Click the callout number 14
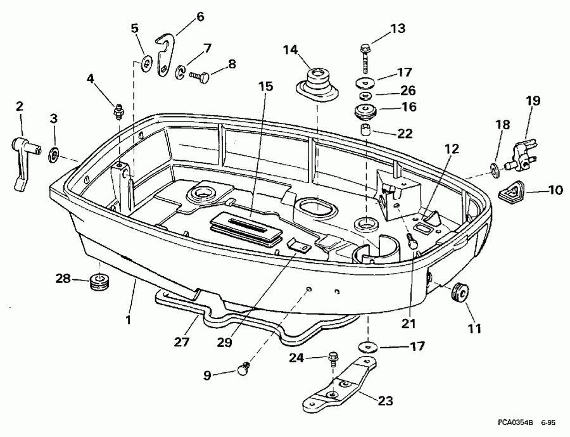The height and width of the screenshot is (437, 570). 290,49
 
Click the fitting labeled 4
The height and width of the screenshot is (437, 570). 117,112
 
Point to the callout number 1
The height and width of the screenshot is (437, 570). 128,320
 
